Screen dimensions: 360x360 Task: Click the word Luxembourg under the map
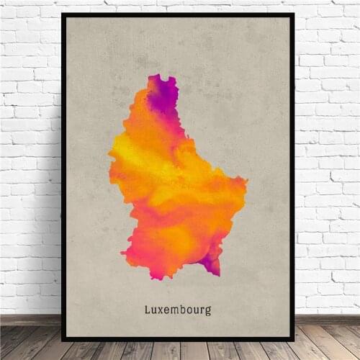(x=178, y=310)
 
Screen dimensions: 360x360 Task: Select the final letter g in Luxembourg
(x=208, y=312)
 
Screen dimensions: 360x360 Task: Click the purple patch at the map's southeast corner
(x=211, y=264)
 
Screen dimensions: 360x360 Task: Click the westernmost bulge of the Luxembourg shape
(x=110, y=153)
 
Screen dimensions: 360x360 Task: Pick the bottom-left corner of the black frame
(x=63, y=339)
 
